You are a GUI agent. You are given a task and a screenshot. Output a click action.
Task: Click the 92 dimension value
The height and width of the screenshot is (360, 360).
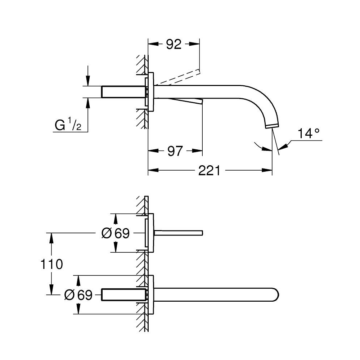coord(174,44)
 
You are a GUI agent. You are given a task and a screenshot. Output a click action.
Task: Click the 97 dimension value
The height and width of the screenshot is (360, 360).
coord(175,151)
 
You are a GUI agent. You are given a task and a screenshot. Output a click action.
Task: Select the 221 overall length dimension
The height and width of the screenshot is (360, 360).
coord(210,171)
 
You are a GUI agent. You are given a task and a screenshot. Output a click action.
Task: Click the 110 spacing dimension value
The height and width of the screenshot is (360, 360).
coord(52,264)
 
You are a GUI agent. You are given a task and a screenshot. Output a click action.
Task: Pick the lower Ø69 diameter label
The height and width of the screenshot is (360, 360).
coord(78,295)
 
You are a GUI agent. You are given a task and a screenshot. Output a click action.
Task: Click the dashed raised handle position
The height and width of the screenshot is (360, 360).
coord(178,76)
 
